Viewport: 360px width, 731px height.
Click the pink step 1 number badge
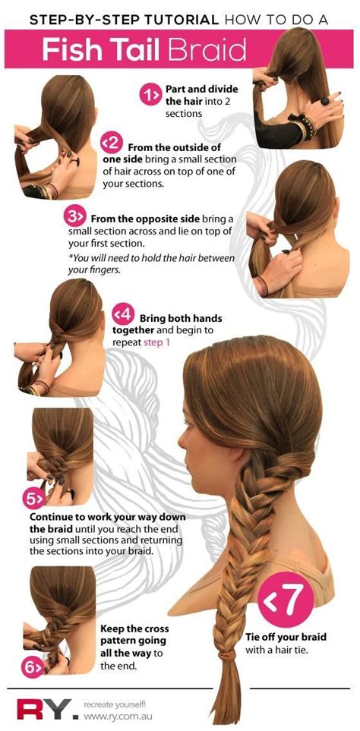(x=149, y=94)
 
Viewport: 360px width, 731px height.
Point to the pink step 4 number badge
(x=122, y=314)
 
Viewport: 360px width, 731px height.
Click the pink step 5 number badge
(x=34, y=499)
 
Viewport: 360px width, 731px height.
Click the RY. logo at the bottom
(x=43, y=709)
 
